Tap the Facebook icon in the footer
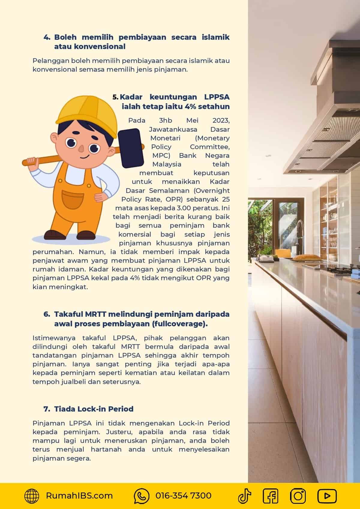[270, 496]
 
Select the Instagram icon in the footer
[298, 496]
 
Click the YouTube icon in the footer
[327, 496]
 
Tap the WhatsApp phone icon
[141, 496]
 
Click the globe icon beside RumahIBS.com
[31, 496]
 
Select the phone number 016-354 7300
[183, 496]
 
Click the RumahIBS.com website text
[79, 496]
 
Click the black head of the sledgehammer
[129, 148]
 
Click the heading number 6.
[46, 314]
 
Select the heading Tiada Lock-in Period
[94, 409]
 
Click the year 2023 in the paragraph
[221, 121]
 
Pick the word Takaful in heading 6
[68, 314]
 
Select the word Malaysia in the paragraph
[167, 164]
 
